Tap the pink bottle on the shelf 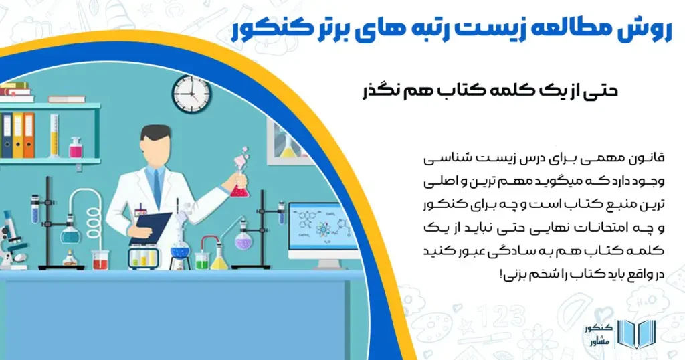(x=76, y=147)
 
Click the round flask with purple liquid (x=244, y=240)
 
